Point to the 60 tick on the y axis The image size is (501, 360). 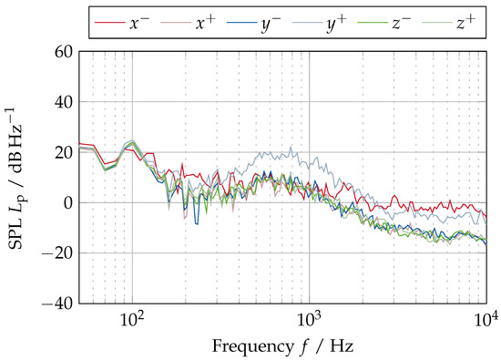(63, 52)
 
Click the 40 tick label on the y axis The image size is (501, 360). (63, 102)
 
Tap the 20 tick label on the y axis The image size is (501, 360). (63, 152)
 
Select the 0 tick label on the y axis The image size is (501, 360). (67, 202)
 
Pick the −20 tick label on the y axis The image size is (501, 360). (57, 253)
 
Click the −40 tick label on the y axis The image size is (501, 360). (57, 303)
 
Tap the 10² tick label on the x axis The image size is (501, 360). (133, 320)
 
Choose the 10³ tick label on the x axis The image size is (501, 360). (310, 320)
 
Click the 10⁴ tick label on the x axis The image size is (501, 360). (486, 320)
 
